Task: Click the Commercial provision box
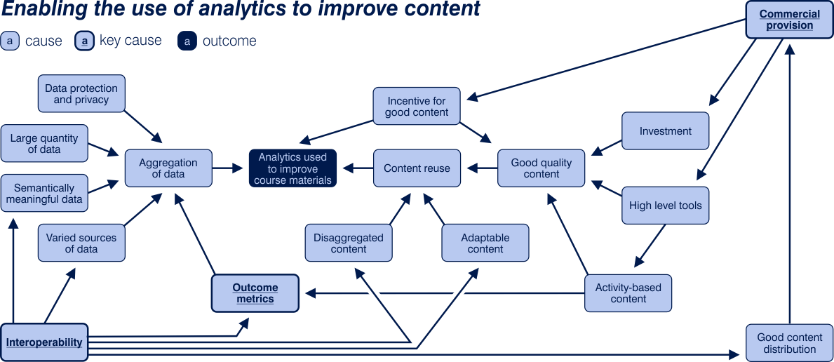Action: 789,20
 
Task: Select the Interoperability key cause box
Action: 44,342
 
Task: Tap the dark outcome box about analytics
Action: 292,168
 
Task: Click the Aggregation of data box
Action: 168,168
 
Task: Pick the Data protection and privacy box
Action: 81,94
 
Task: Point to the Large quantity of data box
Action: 44,144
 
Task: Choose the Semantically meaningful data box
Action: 44,194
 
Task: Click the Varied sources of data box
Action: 81,243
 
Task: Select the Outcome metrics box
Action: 255,293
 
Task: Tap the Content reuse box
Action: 417,168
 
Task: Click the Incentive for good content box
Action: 417,107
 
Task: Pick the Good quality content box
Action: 541,168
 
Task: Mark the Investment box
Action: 665,131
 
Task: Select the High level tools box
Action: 665,206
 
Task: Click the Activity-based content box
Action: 628,293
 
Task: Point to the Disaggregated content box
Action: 349,243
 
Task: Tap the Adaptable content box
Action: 485,243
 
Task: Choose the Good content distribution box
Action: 789,343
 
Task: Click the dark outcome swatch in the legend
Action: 187,41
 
